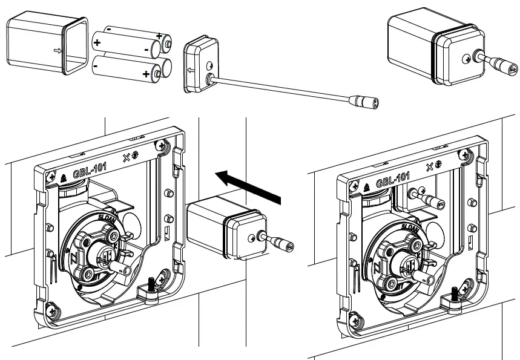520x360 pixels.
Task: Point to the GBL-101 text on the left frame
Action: [92, 169]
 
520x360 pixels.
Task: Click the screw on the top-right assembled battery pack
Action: [468, 59]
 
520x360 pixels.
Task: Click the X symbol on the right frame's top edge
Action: [430, 166]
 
